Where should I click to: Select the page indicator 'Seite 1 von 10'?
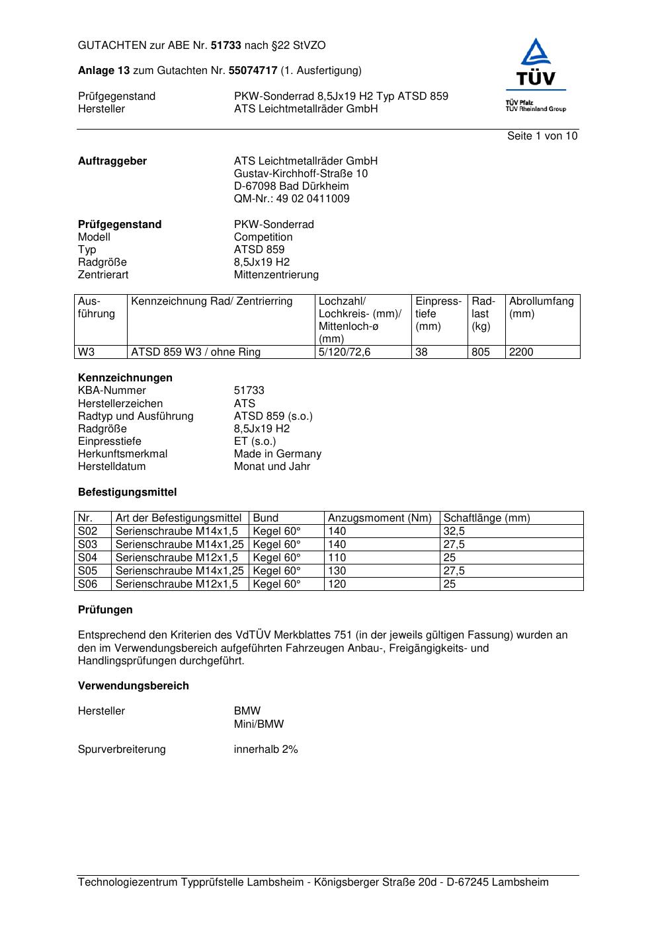542,136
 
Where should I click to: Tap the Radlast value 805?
481,352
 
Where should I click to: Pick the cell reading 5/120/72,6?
345,352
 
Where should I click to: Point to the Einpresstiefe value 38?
421,352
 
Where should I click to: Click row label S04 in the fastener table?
87,558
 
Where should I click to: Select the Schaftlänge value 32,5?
454,531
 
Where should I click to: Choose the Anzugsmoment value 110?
337,558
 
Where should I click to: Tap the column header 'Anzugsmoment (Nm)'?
380,518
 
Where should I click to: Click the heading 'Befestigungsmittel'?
127,492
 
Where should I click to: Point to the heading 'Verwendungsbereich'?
133,686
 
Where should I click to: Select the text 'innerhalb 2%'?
266,750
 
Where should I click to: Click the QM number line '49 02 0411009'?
292,199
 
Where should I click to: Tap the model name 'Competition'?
263,237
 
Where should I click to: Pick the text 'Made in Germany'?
277,454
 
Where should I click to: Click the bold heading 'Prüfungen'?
105,610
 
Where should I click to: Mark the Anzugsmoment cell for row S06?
337,584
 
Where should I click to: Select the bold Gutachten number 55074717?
253,71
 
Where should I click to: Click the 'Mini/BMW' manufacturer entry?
259,724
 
